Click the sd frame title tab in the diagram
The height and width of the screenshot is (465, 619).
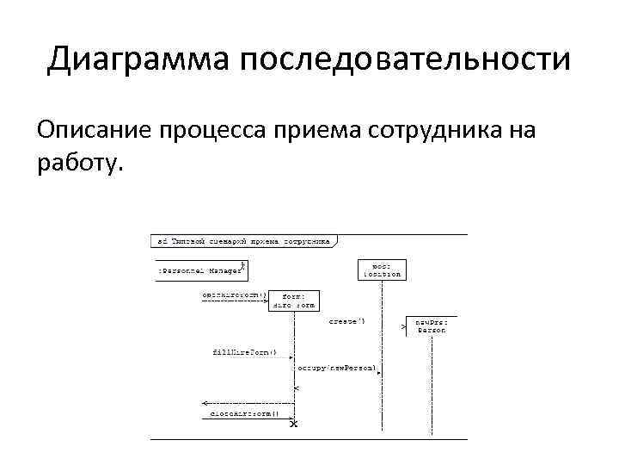click(243, 242)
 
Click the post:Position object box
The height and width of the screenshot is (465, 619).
click(382, 270)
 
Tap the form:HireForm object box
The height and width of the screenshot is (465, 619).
click(294, 301)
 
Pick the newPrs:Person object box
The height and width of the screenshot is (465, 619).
click(432, 325)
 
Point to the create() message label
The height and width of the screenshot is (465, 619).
click(346, 321)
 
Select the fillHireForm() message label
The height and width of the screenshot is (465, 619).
click(244, 352)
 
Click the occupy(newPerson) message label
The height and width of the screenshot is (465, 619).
click(337, 368)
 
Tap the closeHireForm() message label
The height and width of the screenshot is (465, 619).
click(245, 413)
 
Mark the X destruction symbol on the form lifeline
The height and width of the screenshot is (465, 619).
click(294, 424)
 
